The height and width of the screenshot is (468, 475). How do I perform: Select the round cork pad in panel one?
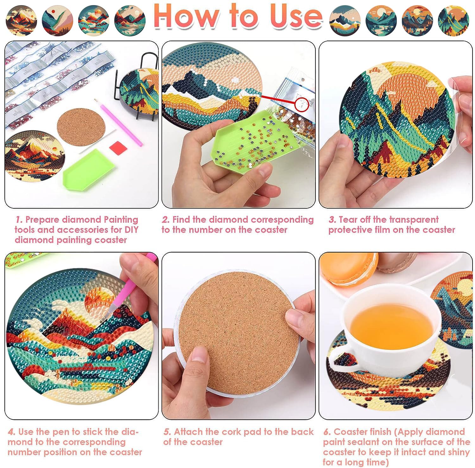coord(81,127)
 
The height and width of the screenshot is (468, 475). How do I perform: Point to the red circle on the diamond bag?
coord(301,104)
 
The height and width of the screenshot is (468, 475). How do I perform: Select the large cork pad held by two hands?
coord(238,333)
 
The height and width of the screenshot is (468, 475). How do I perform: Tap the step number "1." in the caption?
coord(19,220)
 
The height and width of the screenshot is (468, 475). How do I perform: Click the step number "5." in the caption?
coord(168,432)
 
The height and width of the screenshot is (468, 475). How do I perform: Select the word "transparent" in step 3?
coord(414,219)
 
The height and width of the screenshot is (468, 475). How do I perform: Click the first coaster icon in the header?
coord(21,21)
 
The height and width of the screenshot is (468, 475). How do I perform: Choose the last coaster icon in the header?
coord(453,21)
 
